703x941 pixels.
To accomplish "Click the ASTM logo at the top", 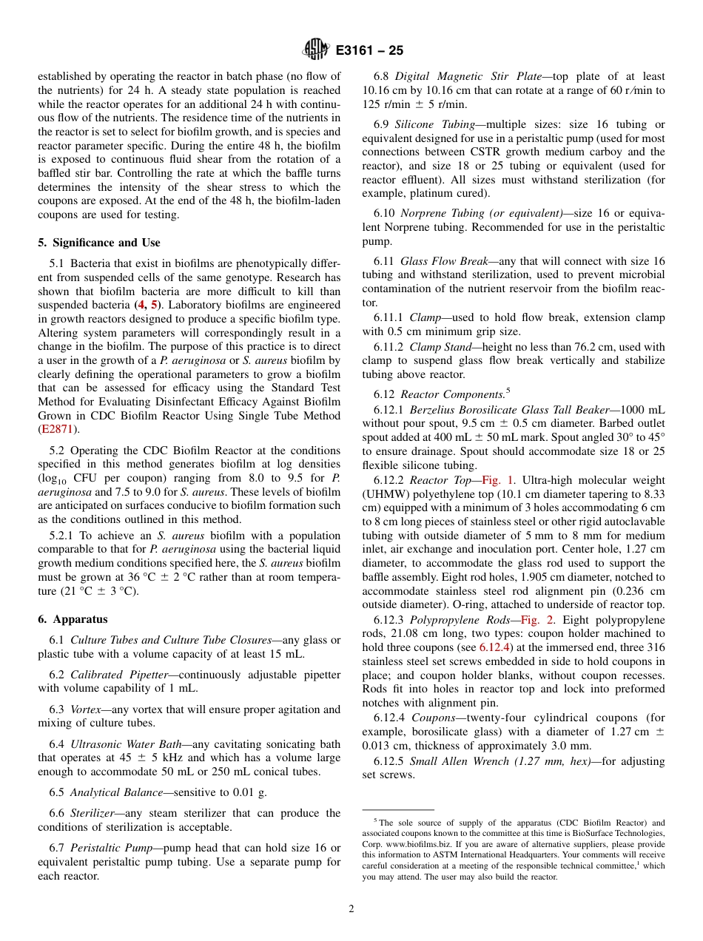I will point(316,51).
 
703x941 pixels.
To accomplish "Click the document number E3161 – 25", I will point(369,51).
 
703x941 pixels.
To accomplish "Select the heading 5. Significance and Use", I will point(99,243).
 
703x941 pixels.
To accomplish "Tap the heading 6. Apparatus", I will point(73,619).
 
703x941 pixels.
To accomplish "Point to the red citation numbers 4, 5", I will point(145,305).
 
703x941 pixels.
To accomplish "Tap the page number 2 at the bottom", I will point(351,908).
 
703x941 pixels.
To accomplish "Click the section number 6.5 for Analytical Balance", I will point(57,792).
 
